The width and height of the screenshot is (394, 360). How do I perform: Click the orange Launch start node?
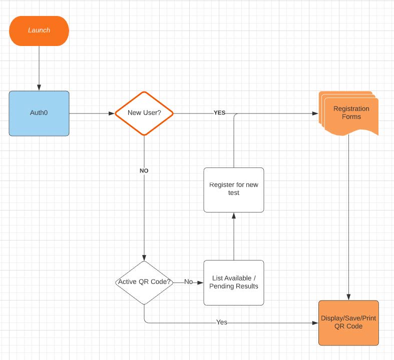[x=39, y=30]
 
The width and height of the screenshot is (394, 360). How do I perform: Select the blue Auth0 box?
[x=39, y=113]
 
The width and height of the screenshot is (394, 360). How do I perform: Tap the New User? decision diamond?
[x=144, y=113]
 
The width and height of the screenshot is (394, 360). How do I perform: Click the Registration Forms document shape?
[x=350, y=113]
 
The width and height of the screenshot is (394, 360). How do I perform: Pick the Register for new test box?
[x=234, y=189]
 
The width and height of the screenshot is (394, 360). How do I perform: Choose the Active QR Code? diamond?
[x=144, y=282]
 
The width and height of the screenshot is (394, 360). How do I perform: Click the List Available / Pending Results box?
[x=234, y=282]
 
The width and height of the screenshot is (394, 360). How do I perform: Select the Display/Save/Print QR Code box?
[x=348, y=322]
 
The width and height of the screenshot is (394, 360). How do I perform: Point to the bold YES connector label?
[x=219, y=113]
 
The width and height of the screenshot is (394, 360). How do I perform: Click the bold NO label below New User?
[x=144, y=171]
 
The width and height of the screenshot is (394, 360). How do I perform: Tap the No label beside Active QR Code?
[x=188, y=282]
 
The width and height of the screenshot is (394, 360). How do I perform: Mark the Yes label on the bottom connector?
[x=221, y=322]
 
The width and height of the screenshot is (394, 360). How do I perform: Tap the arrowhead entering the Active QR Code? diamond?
[x=144, y=257]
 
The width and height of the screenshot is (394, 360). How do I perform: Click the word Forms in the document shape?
[x=351, y=117]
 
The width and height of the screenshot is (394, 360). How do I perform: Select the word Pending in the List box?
[x=221, y=286]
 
